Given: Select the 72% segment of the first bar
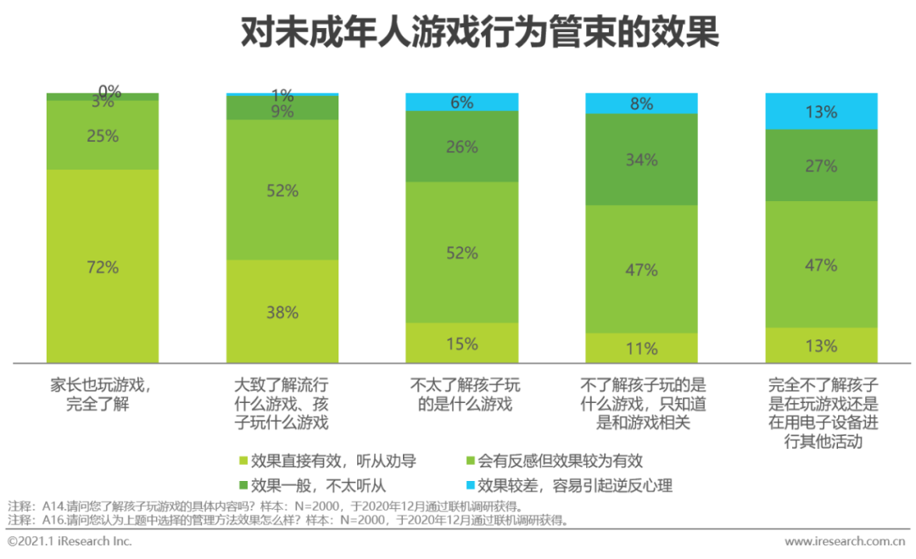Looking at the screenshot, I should (102, 266).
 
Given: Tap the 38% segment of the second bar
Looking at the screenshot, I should (282, 311).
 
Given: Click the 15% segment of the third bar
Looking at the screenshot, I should (462, 343).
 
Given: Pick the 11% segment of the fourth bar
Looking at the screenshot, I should (641, 348).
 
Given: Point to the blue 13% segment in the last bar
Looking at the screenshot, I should (821, 111).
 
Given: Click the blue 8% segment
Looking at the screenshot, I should (641, 103).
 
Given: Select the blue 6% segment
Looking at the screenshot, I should (462, 102).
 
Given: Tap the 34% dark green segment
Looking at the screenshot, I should (641, 159).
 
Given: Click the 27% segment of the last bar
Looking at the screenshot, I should (821, 165).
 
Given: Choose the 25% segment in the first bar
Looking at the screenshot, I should (102, 135).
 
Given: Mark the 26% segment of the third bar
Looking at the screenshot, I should (462, 146).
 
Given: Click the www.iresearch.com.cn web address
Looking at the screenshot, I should (844, 541).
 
